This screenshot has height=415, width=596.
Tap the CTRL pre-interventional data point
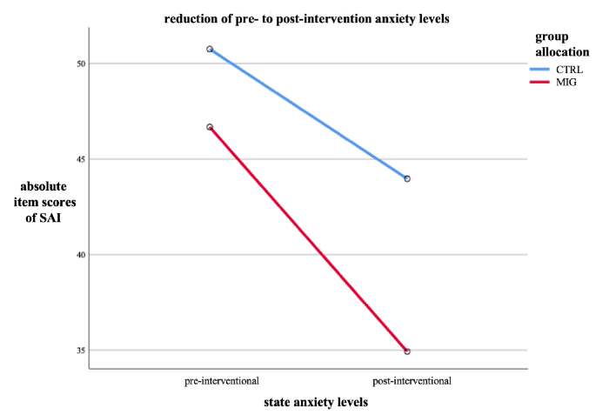[x=210, y=49]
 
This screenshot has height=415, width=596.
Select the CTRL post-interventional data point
[x=407, y=178]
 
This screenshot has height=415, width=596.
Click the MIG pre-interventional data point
[x=210, y=127]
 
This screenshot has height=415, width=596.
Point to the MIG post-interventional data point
[x=407, y=351]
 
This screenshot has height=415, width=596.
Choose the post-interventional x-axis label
[x=412, y=380]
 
